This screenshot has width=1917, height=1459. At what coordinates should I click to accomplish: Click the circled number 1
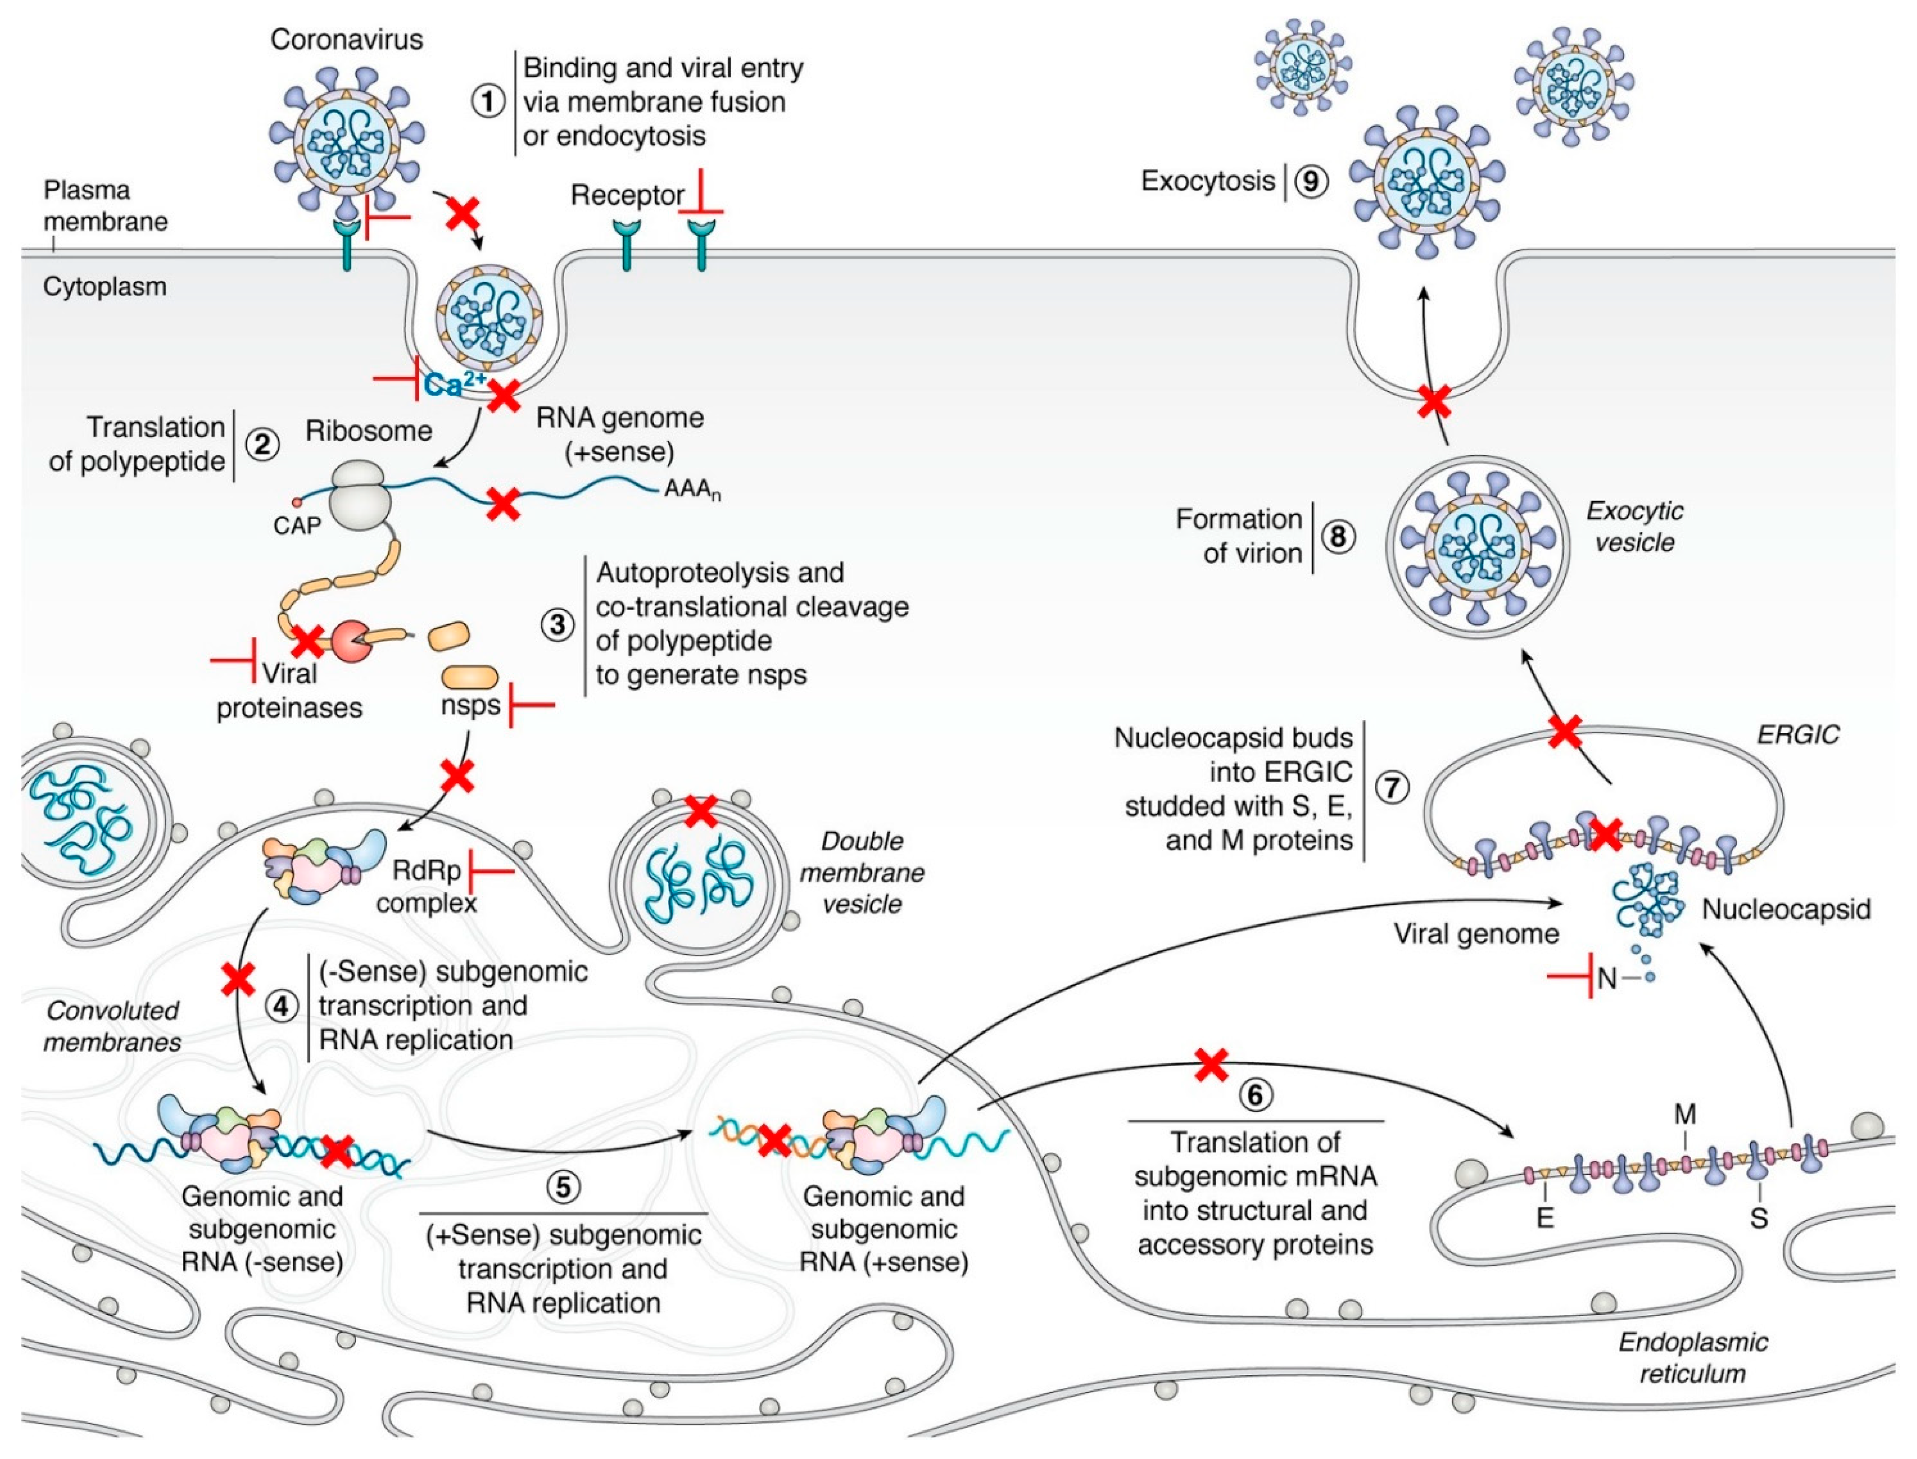click(x=488, y=102)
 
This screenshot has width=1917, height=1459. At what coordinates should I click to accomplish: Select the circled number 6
click(x=1255, y=1095)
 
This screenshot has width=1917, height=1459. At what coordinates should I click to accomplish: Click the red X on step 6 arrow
click(x=1211, y=1065)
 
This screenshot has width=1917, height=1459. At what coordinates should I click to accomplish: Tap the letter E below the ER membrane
click(x=1544, y=1218)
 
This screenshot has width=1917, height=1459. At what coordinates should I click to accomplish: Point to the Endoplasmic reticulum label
click(x=1692, y=1357)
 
